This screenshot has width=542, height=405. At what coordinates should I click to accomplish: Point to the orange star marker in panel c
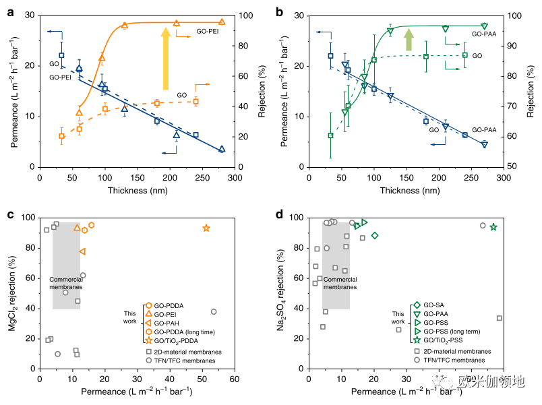pyautogui.click(x=206, y=228)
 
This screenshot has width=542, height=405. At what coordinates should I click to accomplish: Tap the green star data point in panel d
pyautogui.click(x=493, y=227)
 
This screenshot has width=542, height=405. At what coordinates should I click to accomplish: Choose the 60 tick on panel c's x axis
pyautogui.click(x=235, y=380)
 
